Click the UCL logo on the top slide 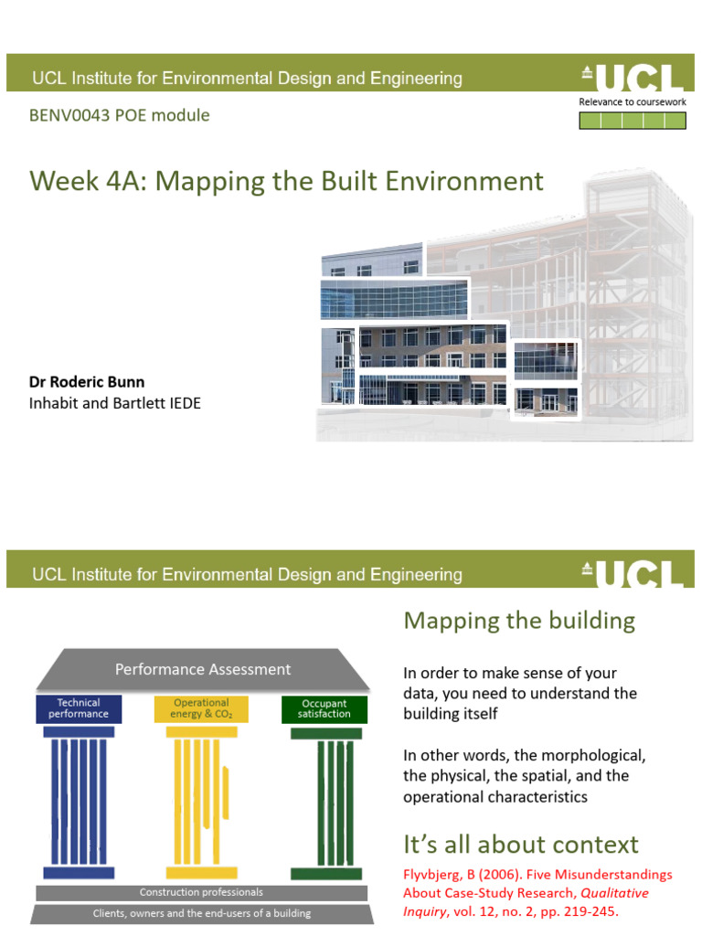632,77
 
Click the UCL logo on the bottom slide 632,573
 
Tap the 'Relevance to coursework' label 632,102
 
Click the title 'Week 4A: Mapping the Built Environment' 286,180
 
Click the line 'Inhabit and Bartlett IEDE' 115,402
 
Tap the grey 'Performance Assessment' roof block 202,669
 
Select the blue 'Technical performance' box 78,708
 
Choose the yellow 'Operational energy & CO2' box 201,708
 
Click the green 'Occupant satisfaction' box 324,708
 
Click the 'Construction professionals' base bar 201,892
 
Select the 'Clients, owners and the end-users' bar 201,913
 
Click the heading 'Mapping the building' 519,622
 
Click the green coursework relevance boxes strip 632,120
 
